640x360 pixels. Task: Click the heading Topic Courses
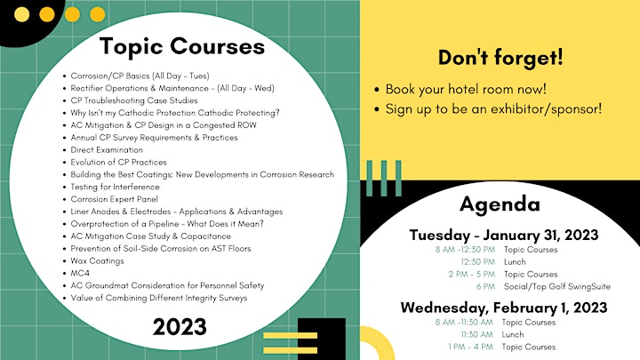(182, 46)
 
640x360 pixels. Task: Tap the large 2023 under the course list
(180, 327)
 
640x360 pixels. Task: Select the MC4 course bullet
(80, 273)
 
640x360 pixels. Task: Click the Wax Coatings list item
(97, 260)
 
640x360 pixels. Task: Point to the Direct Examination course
(107, 150)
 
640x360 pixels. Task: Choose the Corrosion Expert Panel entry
(115, 199)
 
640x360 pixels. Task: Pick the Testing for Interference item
(115, 187)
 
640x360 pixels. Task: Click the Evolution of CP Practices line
(119, 162)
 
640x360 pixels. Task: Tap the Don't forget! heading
(500, 57)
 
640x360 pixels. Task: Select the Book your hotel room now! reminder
(466, 89)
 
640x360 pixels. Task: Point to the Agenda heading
(500, 204)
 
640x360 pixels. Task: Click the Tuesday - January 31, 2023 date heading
(504, 235)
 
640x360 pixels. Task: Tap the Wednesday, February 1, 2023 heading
(504, 308)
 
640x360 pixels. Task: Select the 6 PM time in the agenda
(485, 286)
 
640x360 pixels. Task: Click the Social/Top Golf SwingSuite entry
(557, 286)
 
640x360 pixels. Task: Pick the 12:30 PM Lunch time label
(478, 261)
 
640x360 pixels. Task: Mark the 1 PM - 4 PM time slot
(470, 347)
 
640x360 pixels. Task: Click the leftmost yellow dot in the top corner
(21, 15)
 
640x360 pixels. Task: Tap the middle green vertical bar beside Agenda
(384, 178)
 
